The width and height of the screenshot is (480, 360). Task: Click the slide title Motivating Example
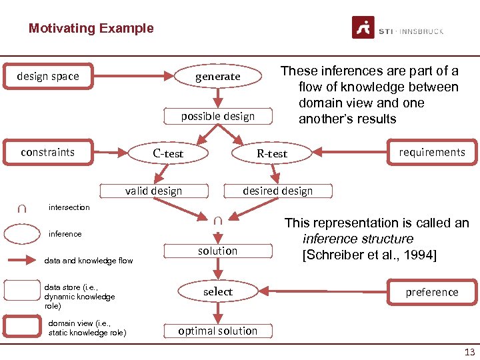(91, 29)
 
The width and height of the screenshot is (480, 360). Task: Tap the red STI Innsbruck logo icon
(363, 28)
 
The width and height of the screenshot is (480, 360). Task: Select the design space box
(48, 76)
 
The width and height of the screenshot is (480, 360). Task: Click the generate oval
(217, 77)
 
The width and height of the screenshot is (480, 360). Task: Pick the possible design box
(217, 116)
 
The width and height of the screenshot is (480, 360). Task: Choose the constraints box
(48, 152)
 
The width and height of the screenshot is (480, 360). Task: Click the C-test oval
(167, 153)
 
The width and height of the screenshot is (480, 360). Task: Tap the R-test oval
(272, 153)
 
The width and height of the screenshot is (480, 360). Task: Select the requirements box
(431, 152)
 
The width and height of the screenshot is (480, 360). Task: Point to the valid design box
(153, 191)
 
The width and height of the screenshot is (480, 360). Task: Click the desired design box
(277, 191)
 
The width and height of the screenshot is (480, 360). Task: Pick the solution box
(217, 251)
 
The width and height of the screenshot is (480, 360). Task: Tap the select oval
(217, 291)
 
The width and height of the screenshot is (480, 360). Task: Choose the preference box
(432, 292)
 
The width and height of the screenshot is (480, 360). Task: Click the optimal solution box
(217, 331)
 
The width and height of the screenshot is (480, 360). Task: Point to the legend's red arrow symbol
(21, 261)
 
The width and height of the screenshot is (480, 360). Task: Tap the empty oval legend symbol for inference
(21, 234)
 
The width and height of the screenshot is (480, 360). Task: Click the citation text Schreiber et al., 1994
(369, 255)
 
